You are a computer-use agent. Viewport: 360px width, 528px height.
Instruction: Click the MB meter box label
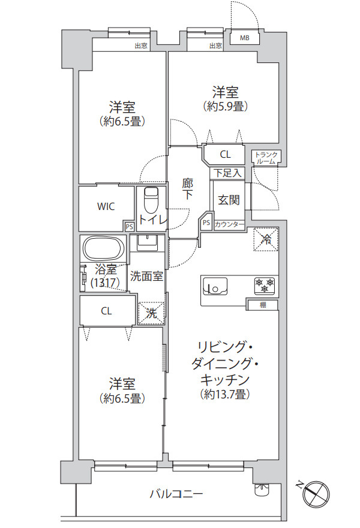coord(244,38)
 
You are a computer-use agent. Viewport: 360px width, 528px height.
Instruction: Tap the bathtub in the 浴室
coord(104,248)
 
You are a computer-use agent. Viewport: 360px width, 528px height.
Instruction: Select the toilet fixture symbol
coord(151,200)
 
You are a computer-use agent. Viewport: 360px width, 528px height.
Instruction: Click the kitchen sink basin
coord(215,287)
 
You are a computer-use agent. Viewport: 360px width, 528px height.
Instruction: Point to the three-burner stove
coord(265,285)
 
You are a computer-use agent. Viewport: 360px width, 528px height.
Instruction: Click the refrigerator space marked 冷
coord(266,239)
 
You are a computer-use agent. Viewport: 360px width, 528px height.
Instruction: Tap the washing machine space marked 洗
coord(151,313)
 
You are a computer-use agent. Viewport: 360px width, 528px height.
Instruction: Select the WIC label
coord(106,206)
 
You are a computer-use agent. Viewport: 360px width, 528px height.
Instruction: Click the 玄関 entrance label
coord(229,200)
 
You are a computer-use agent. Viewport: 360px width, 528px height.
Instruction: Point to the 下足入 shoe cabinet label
coord(228,173)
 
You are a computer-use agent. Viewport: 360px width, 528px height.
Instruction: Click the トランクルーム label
coord(266,158)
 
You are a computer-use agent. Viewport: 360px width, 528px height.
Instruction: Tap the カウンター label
coord(229,224)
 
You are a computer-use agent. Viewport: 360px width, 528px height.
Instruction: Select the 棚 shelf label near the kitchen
coord(263,305)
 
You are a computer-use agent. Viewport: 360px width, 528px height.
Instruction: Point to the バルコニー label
coord(176,494)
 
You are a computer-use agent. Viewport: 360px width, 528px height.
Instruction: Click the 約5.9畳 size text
coord(225,106)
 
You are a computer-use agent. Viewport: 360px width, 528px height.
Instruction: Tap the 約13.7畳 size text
coord(224,394)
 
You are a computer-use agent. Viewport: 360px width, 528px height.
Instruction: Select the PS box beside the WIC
coord(129,227)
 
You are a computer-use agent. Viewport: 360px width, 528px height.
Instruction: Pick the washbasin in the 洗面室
coord(147,243)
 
